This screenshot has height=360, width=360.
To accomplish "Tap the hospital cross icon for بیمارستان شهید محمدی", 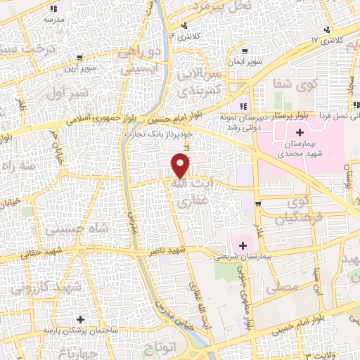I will point(300,132).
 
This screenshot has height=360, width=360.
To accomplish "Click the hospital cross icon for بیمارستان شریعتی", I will point(243,245).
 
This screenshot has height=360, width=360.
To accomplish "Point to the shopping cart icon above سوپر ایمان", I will point(244,51).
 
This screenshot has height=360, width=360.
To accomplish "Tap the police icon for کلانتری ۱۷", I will point(326,30).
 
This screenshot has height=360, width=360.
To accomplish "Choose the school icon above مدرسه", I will point(54,9).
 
